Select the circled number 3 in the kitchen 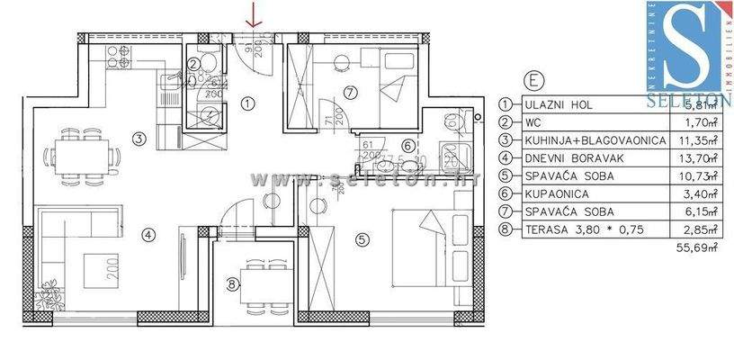click(139, 139)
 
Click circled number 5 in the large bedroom click(362, 239)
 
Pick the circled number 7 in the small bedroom click(348, 90)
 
